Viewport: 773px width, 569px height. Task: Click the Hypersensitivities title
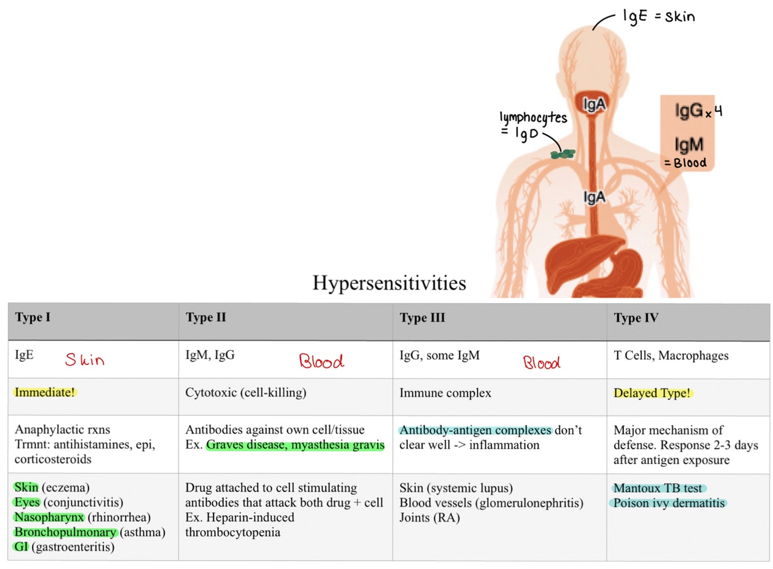(389, 283)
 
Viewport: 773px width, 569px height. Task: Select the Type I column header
(32, 318)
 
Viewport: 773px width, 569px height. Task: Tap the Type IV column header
(636, 318)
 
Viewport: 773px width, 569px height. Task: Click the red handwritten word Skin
(85, 360)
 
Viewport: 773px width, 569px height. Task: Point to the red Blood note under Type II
(321, 361)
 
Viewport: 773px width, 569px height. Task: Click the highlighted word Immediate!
(45, 392)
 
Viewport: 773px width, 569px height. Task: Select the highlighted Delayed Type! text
(652, 393)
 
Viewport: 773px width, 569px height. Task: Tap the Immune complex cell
(445, 393)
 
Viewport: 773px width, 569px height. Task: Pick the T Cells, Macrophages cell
(671, 356)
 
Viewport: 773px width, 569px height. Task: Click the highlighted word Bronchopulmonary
(65, 532)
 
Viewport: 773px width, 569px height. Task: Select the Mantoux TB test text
(658, 488)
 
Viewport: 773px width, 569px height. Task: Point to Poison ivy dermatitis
(669, 503)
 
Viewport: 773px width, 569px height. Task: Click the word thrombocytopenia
(232, 532)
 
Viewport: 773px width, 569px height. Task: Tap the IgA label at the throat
(594, 105)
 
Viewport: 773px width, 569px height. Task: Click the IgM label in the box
(688, 144)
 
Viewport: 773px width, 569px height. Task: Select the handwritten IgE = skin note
(658, 16)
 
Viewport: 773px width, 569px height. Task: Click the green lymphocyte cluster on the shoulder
(563, 154)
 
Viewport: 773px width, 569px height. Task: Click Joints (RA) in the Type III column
(429, 517)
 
